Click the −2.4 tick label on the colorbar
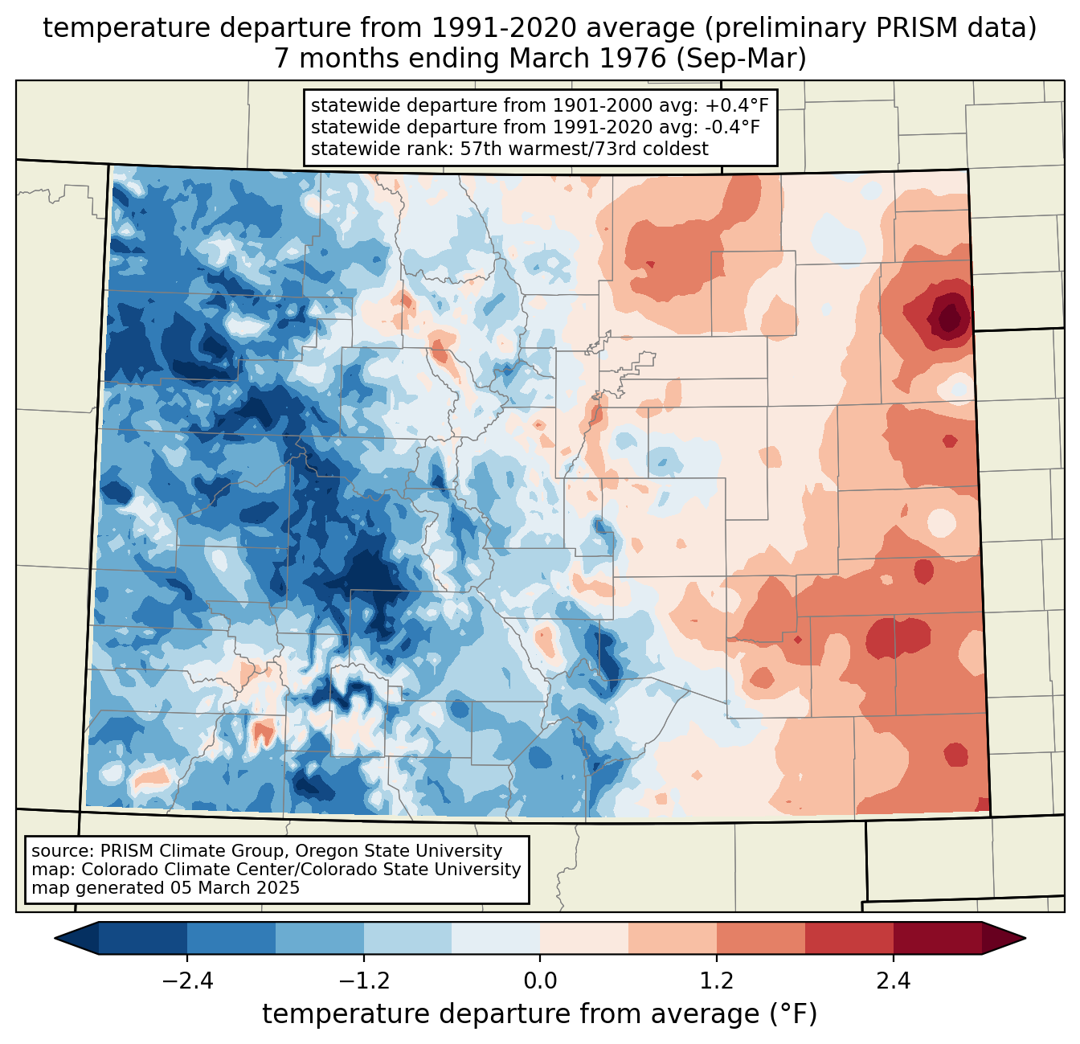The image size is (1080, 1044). [186, 981]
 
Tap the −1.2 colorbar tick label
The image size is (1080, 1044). [363, 981]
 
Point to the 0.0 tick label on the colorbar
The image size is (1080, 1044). [540, 981]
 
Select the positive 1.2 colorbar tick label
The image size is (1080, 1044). [717, 981]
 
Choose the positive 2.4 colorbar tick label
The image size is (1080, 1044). [894, 981]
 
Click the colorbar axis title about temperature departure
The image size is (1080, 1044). [540, 1014]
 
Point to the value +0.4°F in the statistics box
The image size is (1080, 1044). [739, 105]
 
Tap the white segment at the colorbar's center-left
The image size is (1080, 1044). [496, 938]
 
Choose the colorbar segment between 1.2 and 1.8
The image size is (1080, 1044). [761, 938]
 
